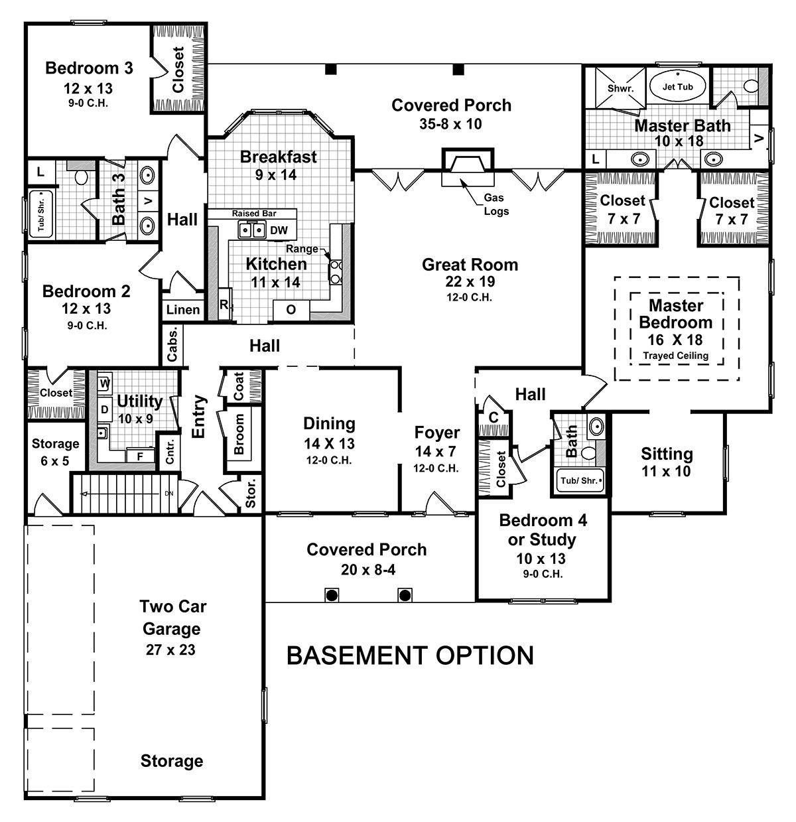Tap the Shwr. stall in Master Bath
(621, 88)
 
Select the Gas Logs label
(496, 205)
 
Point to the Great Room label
(470, 265)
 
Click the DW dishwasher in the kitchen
(279, 230)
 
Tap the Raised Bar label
(254, 214)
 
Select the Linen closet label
(183, 310)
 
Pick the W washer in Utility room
(104, 383)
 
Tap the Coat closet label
(238, 385)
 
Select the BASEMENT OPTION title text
(410, 655)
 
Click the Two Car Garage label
(170, 617)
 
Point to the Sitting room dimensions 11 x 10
(667, 472)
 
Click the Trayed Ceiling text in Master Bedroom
(675, 356)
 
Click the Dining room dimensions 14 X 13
(329, 443)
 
